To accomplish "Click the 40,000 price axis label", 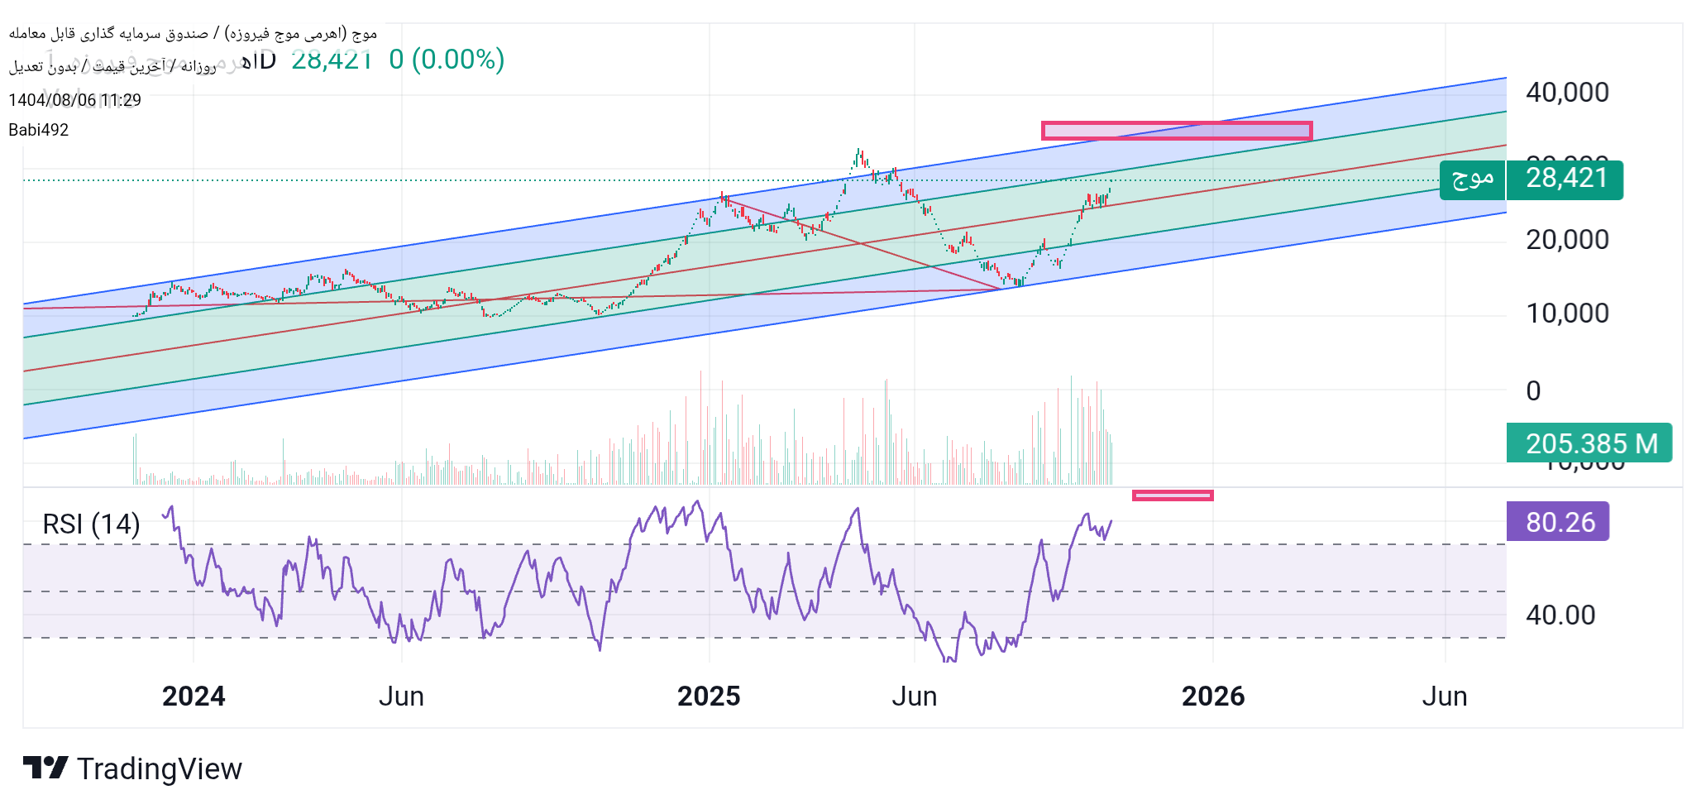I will point(1567,92).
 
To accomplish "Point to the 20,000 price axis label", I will point(1567,240).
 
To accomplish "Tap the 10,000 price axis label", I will point(1567,314).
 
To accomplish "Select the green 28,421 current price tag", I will point(1565,180).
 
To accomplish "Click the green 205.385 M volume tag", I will point(1589,443).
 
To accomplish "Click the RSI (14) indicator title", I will point(91,524).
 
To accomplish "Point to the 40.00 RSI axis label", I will point(1560,615).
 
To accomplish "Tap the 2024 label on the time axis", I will point(194,697).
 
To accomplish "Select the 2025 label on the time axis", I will point(709,697).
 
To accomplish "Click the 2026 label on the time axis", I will point(1212,697).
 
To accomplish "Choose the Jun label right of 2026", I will point(1444,697).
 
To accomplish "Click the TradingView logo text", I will point(159,769).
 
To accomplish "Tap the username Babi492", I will point(39,130).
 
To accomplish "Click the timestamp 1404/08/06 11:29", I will point(74,100).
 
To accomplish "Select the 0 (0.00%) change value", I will point(447,60).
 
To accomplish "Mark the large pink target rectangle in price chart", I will point(1176,131).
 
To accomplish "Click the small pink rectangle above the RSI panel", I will point(1172,495).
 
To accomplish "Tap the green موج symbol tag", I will point(1472,180).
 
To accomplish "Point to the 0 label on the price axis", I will point(1533,390).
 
